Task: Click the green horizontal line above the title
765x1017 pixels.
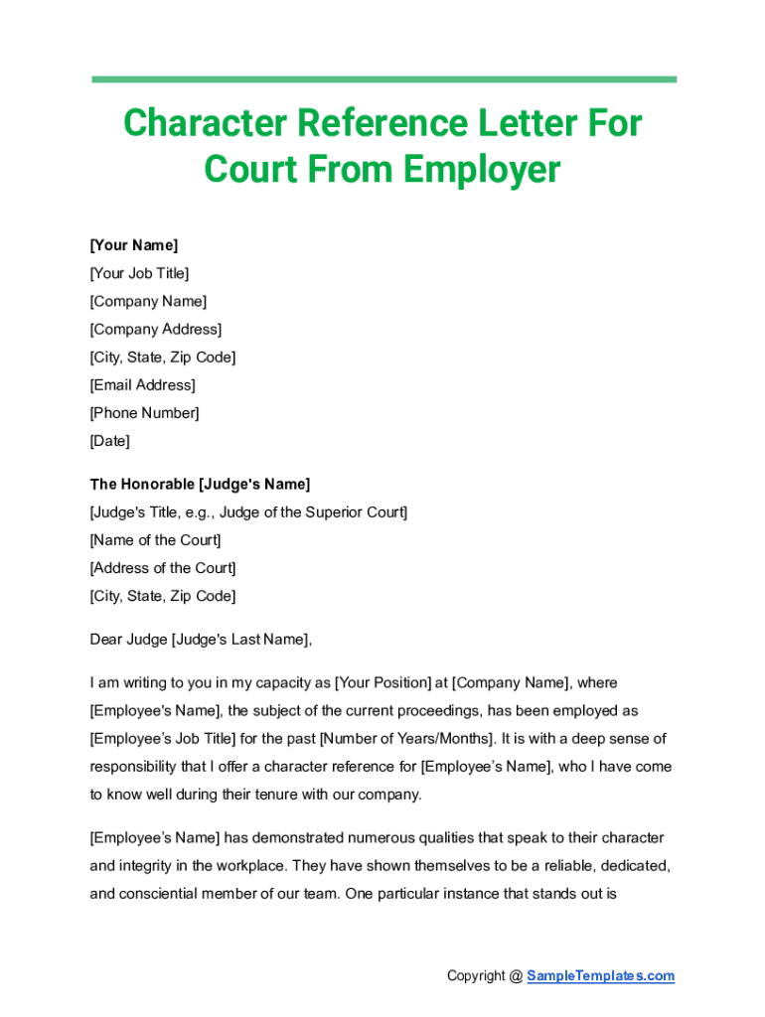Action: [383, 79]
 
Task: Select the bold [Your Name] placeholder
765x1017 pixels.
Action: [134, 245]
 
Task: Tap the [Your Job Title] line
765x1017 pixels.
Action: [139, 273]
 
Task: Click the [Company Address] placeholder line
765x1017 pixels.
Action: [156, 329]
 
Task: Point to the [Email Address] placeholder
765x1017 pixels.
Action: [142, 384]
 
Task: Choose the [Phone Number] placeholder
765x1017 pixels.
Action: [144, 412]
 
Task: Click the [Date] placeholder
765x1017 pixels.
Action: [109, 440]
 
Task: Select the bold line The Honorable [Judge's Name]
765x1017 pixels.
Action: [200, 485]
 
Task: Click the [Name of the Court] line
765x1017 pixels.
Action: [155, 540]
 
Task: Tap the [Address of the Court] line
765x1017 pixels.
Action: [163, 568]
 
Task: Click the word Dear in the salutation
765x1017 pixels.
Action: [105, 640]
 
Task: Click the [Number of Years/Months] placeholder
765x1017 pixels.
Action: [405, 739]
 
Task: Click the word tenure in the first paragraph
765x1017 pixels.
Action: [258, 795]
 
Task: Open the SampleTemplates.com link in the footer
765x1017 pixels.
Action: [600, 976]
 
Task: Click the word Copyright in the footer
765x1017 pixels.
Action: [476, 976]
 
